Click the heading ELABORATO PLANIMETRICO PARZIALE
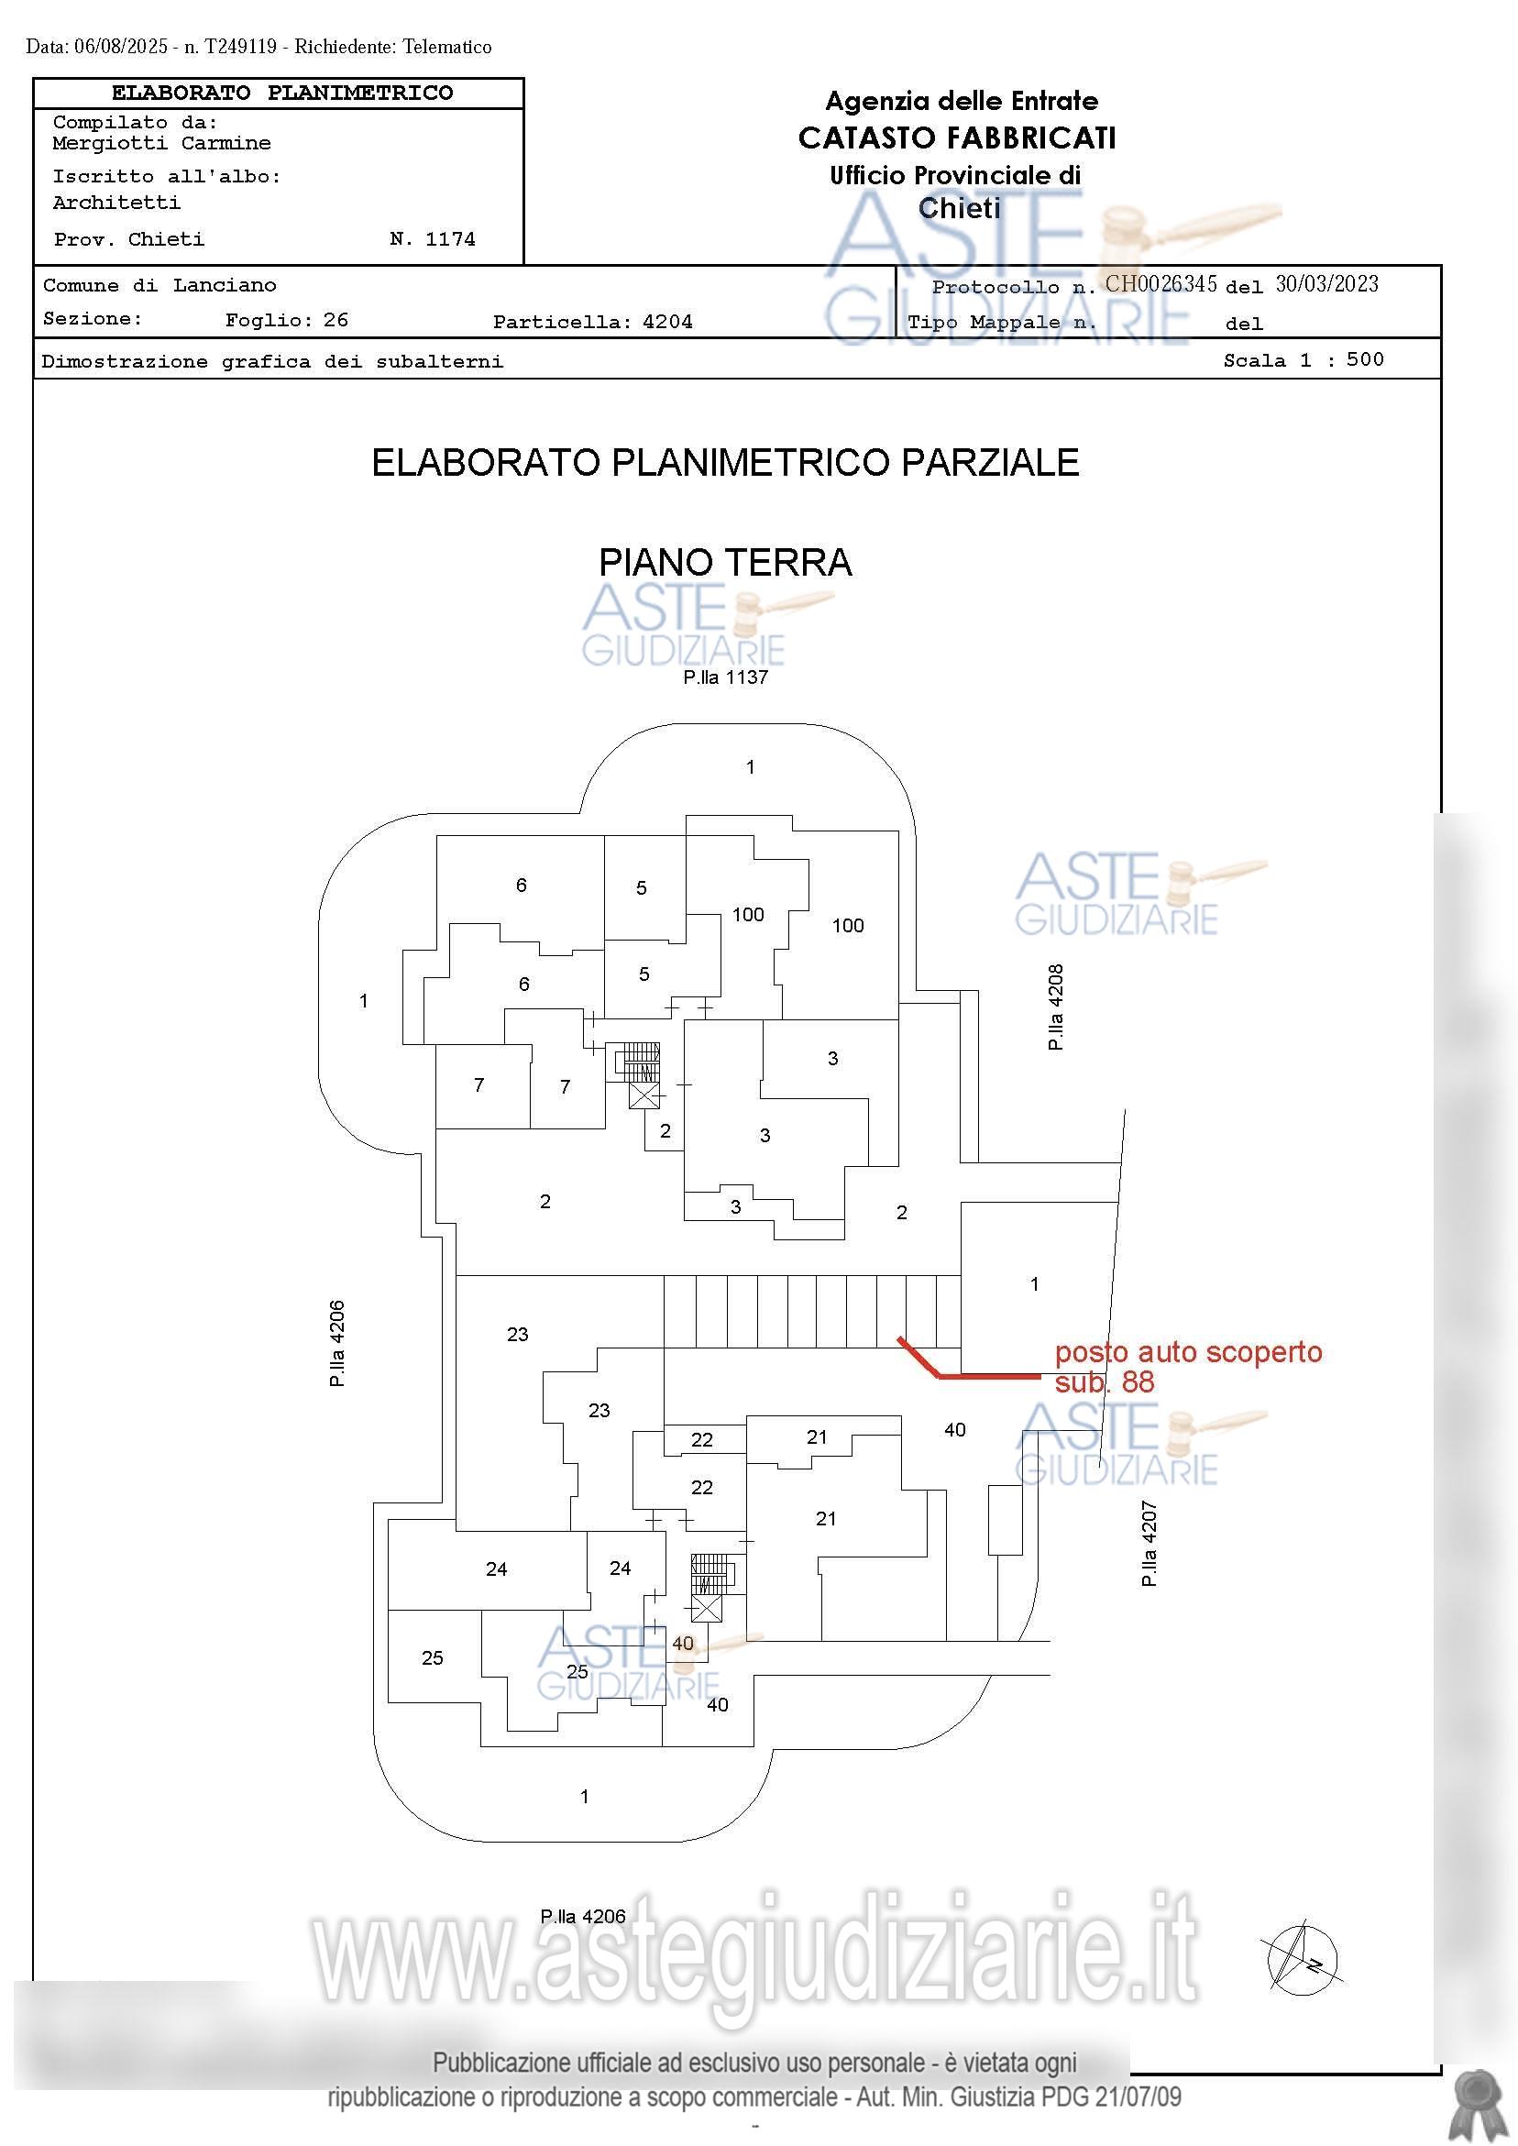725,463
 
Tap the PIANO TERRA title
724,563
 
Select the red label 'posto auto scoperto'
1188,1352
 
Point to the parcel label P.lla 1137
725,677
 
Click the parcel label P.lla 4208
1056,1007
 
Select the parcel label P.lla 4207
1149,1543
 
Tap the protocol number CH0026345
1160,284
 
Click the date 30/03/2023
1326,284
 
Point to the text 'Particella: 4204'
592,323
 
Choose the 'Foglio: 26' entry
286,321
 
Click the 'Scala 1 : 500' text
1303,360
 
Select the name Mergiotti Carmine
161,143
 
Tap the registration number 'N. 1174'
432,239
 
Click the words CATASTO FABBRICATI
957,138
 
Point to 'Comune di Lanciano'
159,285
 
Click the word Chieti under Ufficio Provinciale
959,208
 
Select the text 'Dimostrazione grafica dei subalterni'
272,362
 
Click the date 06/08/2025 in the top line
121,47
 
